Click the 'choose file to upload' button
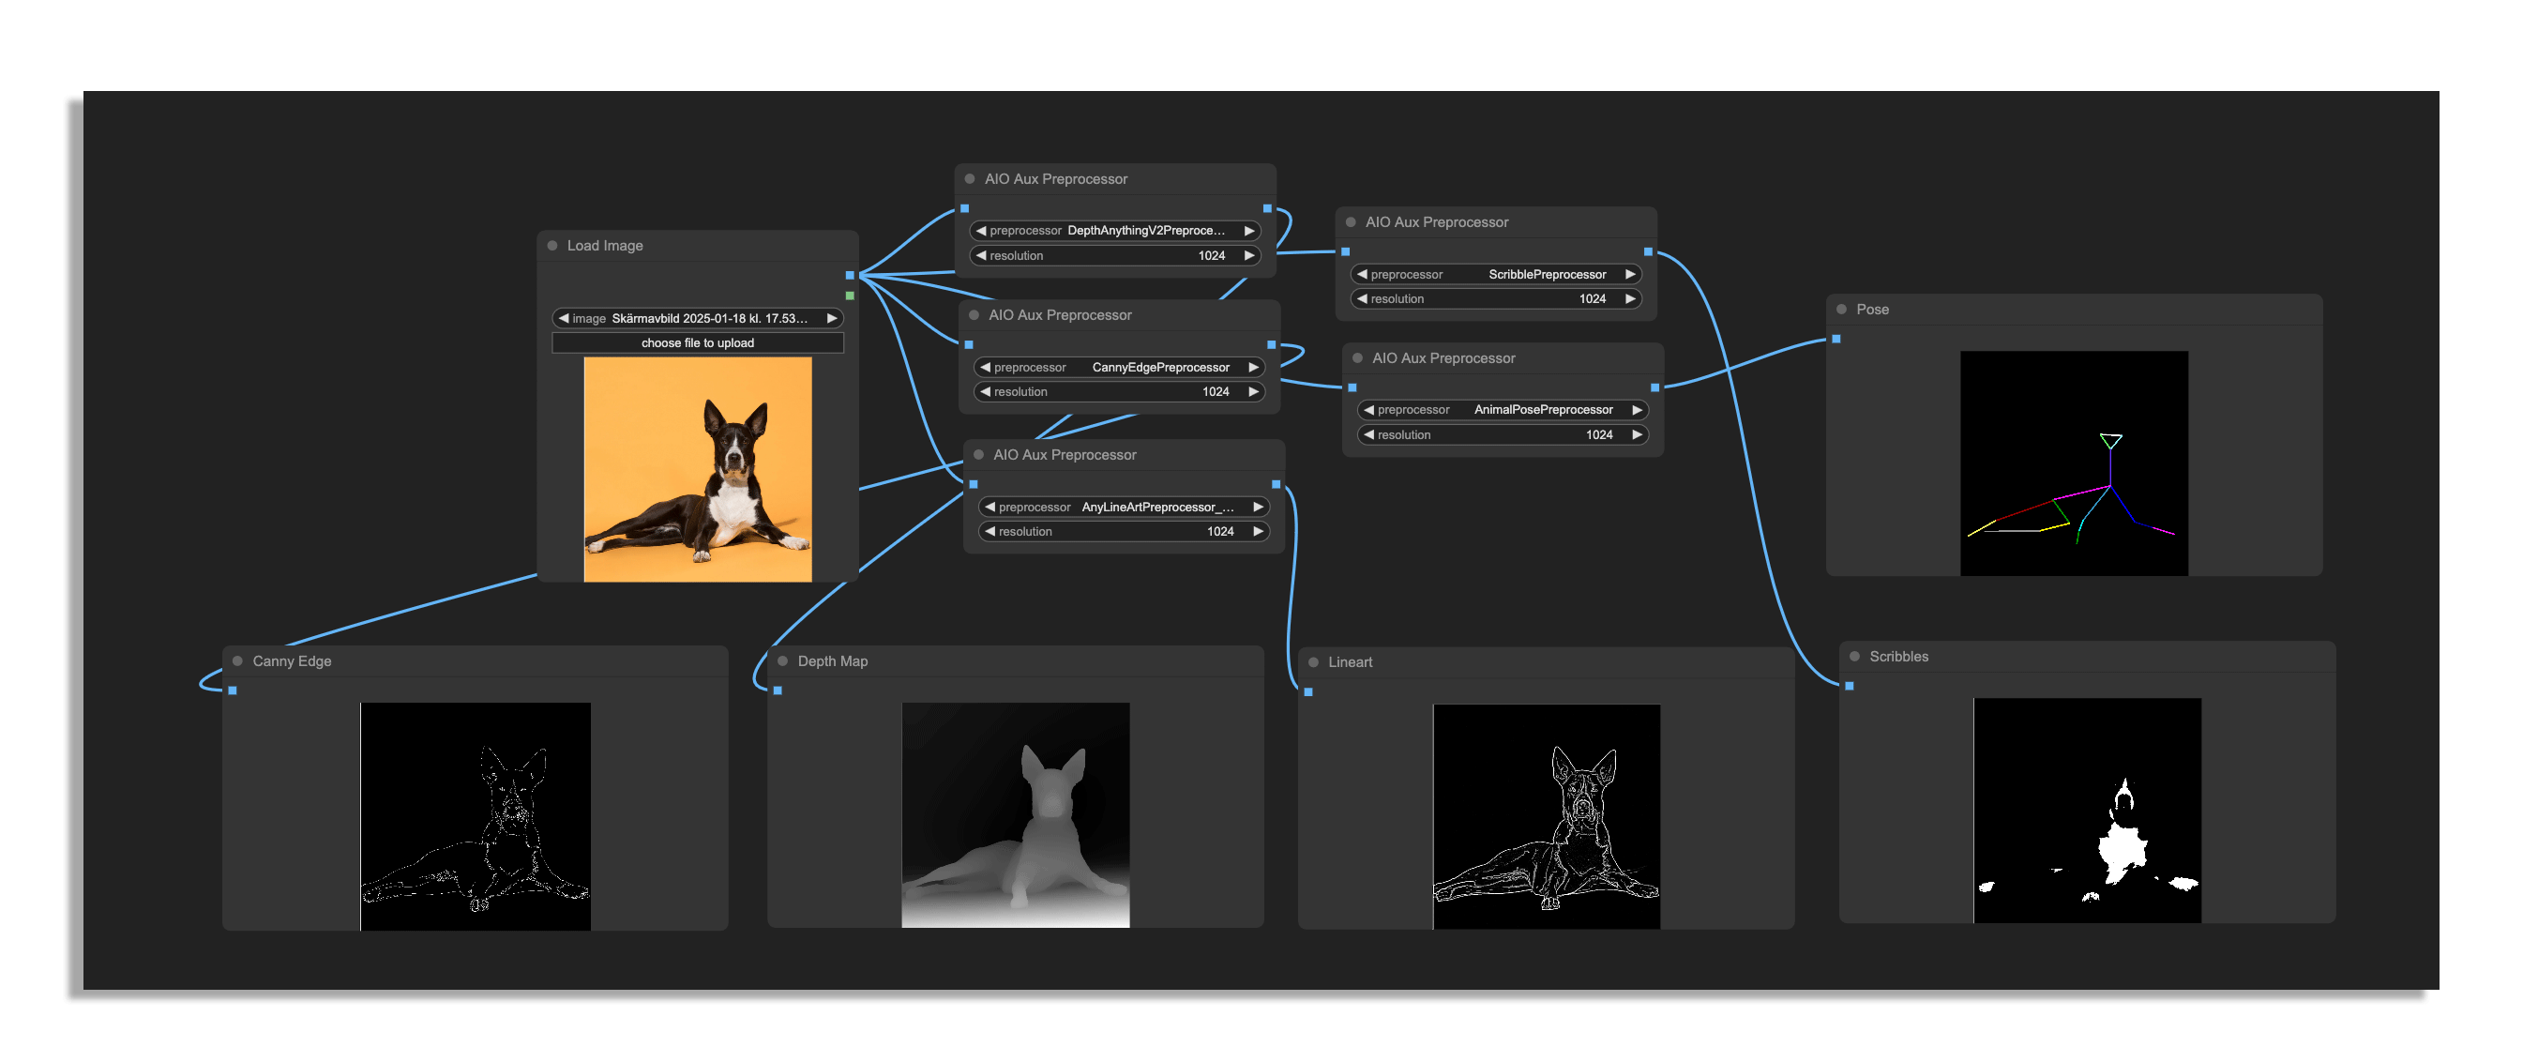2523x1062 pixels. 698,342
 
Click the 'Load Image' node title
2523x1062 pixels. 604,246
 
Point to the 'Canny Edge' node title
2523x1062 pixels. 292,661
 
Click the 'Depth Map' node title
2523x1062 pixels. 833,661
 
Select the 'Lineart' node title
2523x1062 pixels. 1350,662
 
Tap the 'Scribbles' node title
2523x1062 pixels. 1898,657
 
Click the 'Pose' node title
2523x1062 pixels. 1872,310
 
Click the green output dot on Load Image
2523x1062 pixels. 849,296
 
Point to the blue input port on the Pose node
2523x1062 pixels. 1836,339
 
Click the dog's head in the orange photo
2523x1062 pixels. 733,439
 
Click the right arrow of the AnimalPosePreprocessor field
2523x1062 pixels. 1636,410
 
